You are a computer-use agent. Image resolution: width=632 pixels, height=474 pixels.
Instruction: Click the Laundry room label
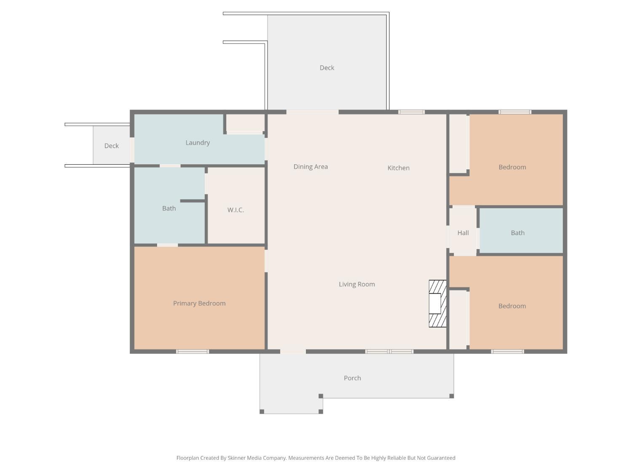(198, 143)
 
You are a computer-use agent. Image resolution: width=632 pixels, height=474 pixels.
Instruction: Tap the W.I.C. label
(236, 210)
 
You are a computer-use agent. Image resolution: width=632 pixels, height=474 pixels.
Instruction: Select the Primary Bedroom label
(199, 303)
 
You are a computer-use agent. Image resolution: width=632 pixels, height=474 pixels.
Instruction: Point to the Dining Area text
(311, 167)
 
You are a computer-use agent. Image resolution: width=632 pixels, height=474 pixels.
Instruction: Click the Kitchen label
(399, 168)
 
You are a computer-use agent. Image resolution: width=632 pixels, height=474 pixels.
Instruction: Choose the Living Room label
(357, 284)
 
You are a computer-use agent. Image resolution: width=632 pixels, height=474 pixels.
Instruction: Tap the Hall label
(463, 233)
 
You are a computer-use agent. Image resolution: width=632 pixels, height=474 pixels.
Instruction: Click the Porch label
(352, 378)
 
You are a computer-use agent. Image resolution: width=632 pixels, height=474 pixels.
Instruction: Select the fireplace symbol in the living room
(437, 304)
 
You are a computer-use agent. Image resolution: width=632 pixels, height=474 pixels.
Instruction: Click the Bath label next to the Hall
(518, 233)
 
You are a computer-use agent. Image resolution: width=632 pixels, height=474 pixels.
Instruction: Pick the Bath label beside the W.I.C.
(169, 209)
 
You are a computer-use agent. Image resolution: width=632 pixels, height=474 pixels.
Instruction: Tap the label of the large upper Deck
(327, 68)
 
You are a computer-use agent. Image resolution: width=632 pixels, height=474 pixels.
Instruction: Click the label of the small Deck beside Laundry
(111, 146)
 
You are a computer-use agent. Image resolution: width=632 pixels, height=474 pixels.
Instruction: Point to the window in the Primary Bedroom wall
(192, 351)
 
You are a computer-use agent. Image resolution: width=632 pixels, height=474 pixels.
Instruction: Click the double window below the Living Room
(389, 351)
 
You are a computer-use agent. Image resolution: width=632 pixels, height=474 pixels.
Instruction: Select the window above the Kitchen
(412, 112)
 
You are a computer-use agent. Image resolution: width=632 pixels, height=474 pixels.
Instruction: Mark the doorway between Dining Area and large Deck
(312, 112)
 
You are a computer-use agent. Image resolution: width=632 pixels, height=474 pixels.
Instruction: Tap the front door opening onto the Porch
(293, 351)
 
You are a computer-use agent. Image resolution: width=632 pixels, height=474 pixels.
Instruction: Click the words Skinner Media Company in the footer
(257, 458)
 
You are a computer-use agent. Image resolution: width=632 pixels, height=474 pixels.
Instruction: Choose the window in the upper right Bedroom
(515, 112)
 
